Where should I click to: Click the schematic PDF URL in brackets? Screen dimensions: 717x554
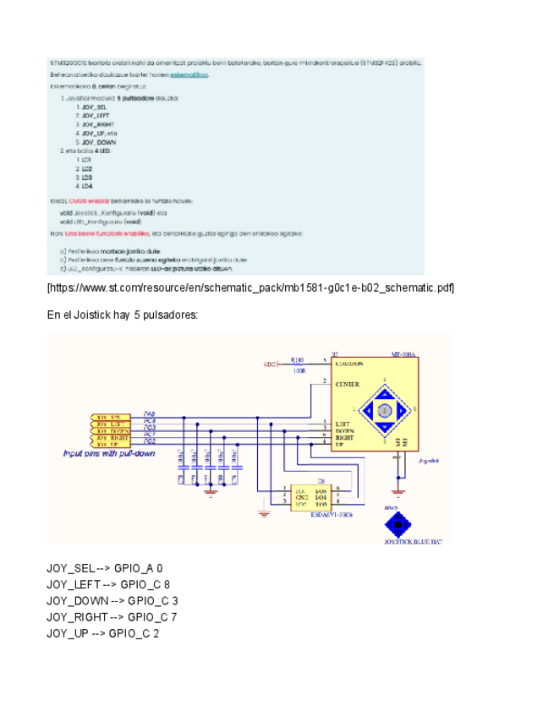[x=250, y=288]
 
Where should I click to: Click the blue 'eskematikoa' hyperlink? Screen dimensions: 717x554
[x=189, y=74]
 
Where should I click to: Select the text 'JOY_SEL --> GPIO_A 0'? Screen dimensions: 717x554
[x=104, y=568]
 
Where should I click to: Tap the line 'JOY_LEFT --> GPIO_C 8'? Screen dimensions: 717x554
[x=107, y=584]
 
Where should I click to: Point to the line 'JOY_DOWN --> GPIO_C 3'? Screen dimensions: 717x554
[x=112, y=600]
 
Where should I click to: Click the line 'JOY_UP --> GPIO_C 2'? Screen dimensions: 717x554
[x=102, y=632]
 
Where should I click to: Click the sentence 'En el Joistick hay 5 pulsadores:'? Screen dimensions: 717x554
[x=122, y=315]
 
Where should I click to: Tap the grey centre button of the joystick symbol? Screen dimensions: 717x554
[x=383, y=410]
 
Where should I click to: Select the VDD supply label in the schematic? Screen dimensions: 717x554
[x=270, y=364]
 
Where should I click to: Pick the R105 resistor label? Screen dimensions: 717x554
[x=296, y=358]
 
